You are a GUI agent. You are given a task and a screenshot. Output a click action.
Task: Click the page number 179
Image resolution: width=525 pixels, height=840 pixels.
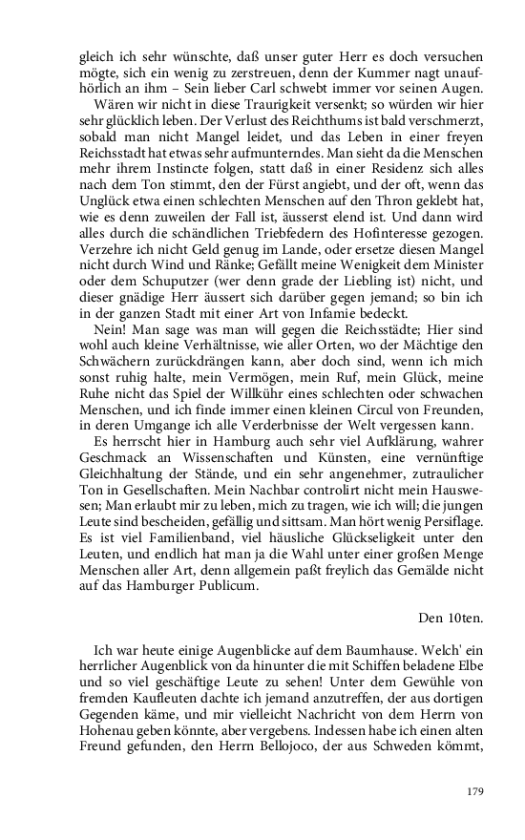pos(474,791)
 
